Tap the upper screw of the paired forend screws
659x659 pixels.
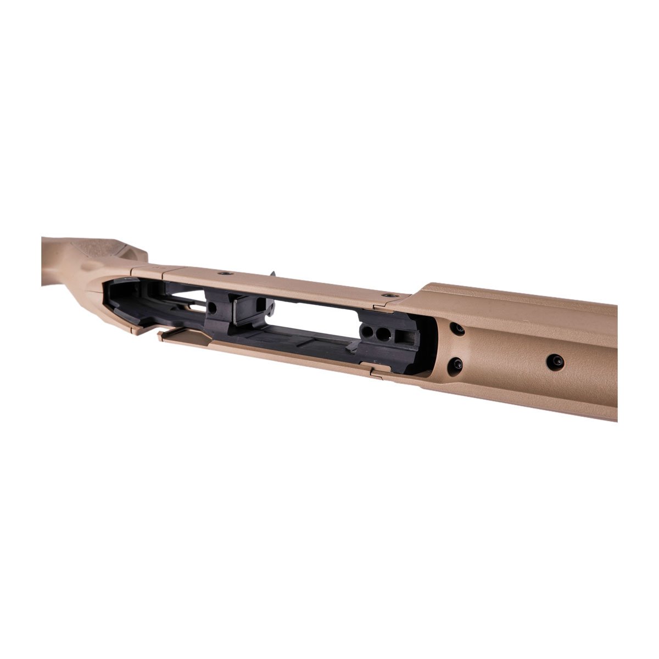(x=456, y=329)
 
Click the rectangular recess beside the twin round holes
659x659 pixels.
(x=405, y=336)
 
